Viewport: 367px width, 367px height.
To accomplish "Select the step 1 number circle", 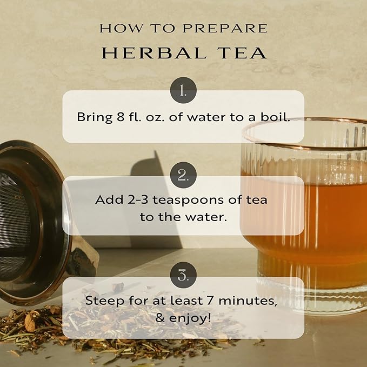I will coord(183,91).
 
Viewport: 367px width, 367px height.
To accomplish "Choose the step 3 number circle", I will coord(183,277).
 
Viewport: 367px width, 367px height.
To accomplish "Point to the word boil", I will coord(277,117).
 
